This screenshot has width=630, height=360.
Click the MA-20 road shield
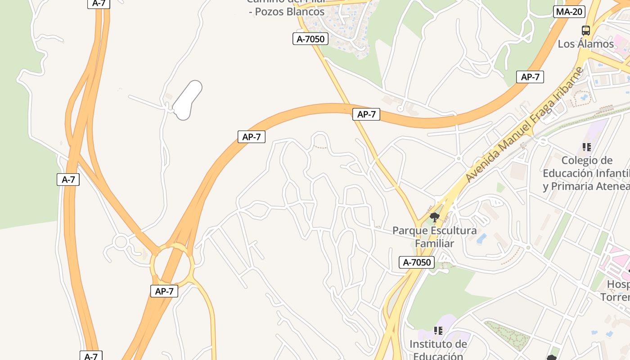[569, 12]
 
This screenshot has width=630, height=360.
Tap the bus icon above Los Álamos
[585, 31]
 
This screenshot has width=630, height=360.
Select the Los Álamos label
[585, 44]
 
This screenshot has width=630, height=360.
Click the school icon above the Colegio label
[586, 147]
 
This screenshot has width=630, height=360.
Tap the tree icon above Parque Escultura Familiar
[434, 218]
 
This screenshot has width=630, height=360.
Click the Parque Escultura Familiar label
[434, 237]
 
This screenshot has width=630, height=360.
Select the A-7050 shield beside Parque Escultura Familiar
[416, 262]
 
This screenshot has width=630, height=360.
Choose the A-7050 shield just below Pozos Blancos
[310, 39]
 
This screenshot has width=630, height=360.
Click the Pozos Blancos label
[287, 12]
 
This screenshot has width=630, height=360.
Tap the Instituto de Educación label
[438, 350]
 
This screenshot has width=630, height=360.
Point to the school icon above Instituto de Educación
[438, 331]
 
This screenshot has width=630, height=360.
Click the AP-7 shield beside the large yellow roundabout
[164, 291]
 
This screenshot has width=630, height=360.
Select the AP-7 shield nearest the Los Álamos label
[530, 77]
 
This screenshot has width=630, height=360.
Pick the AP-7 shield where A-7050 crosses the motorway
[366, 114]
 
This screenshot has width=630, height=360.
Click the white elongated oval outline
[187, 100]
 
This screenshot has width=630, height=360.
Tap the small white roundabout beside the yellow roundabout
[121, 242]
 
